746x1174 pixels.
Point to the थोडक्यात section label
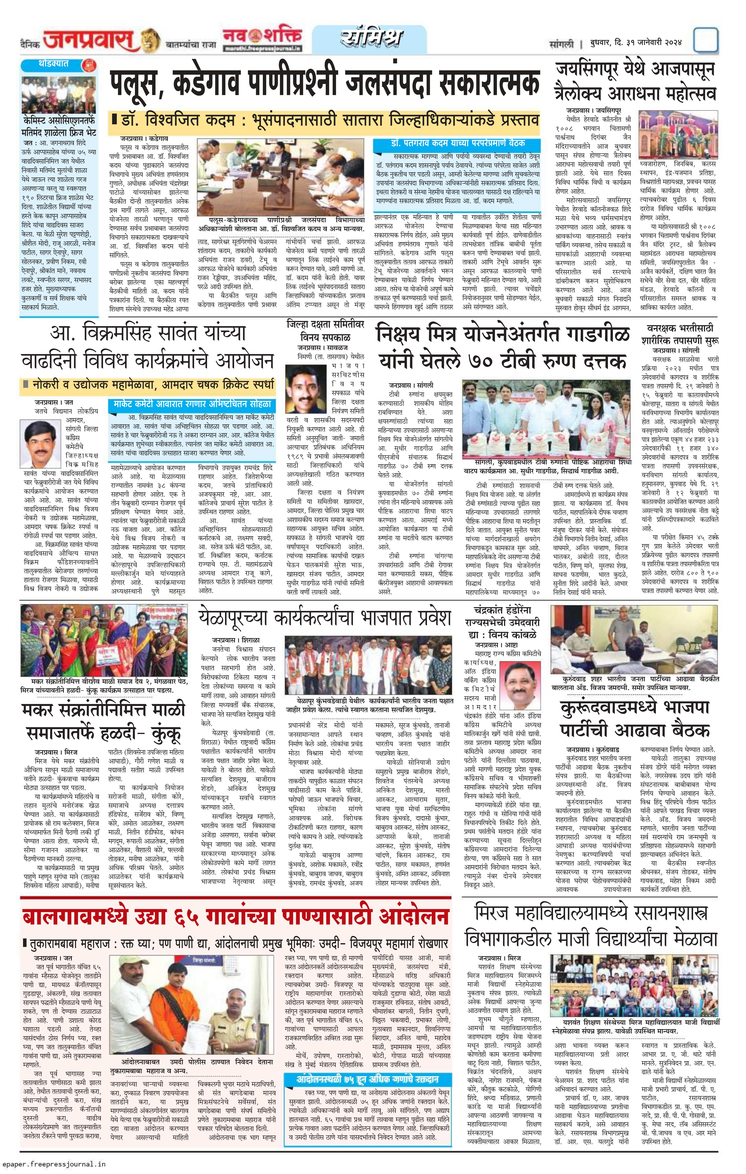click(x=54, y=64)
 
